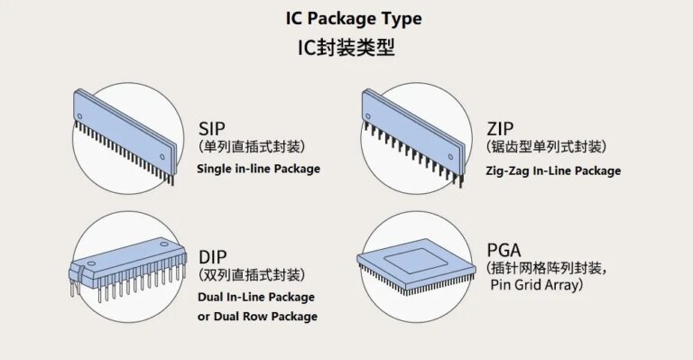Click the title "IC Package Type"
coord(346,19)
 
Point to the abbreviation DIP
coord(212,256)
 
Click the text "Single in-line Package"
coord(259,169)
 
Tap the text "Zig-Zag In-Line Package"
coord(553,170)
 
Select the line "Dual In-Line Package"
coord(256,297)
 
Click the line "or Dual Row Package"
coord(257,317)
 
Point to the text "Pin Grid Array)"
coord(537,285)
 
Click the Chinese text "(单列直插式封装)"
coord(252,146)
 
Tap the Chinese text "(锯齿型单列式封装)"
coord(546,147)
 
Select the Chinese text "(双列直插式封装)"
coord(252,275)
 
